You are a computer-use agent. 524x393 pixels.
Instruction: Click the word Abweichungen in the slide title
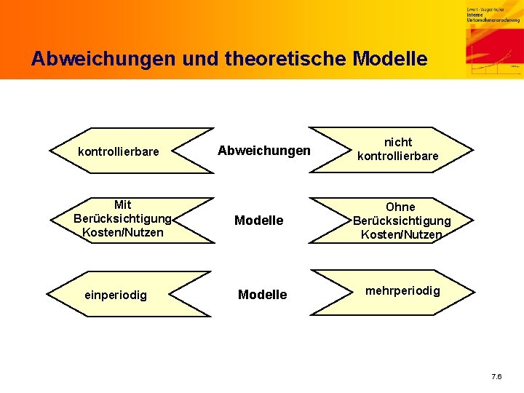click(90, 58)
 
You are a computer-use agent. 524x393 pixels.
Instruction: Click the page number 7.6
click(496, 376)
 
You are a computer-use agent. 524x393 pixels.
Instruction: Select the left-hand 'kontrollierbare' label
click(118, 151)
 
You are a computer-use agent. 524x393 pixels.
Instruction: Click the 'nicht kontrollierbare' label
click(398, 149)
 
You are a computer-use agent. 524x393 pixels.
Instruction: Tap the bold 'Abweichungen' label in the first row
click(263, 151)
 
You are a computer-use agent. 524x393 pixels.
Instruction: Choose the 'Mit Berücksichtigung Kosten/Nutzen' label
click(123, 218)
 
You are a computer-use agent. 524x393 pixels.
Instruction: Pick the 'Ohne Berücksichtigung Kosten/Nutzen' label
click(401, 221)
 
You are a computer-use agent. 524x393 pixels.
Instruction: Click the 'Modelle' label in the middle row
click(258, 220)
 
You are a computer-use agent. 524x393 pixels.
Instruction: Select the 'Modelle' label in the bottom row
click(263, 294)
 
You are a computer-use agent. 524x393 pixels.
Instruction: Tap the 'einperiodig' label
click(116, 295)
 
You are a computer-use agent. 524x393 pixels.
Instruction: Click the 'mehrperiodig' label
click(402, 290)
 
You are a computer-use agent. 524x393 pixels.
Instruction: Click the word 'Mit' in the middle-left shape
click(123, 205)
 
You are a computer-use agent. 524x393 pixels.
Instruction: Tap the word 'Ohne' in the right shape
click(400, 207)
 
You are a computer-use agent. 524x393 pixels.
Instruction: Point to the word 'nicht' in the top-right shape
click(398, 142)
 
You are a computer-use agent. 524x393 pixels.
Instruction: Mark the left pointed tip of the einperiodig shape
click(50, 294)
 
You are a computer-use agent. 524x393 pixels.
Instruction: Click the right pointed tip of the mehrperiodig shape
click(472, 293)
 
